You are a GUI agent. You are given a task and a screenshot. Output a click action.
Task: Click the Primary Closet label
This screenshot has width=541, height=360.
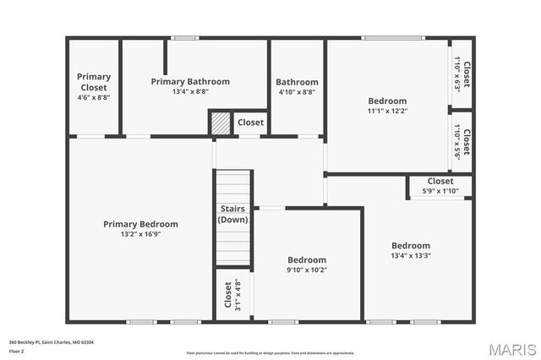tap(94, 82)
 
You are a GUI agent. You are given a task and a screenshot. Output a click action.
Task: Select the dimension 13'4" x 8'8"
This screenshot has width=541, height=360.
tap(190, 91)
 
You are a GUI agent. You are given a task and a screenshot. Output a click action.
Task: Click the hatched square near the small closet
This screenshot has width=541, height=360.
tap(220, 123)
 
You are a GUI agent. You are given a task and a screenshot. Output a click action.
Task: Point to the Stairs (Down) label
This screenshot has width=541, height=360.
tap(232, 214)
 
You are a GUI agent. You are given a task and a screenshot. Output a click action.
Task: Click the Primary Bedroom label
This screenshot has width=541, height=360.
tap(140, 224)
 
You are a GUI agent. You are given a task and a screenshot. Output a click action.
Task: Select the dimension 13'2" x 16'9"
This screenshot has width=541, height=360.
tap(140, 234)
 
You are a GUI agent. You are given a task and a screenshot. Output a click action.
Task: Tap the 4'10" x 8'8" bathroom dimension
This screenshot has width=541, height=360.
tap(297, 92)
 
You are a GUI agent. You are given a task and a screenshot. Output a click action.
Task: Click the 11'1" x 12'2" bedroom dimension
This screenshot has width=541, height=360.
tap(387, 111)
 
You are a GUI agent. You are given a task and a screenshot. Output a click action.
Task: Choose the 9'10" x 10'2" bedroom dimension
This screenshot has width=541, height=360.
tap(307, 270)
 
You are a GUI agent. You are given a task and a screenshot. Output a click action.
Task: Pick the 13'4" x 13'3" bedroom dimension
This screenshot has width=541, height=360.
tap(411, 255)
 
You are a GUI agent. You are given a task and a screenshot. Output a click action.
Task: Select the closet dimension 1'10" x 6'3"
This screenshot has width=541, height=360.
tap(457, 74)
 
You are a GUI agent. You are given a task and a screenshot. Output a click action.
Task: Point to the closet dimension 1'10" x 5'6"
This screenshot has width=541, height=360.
tap(457, 141)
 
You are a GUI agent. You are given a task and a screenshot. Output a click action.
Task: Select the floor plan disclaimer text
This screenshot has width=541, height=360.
tap(270, 352)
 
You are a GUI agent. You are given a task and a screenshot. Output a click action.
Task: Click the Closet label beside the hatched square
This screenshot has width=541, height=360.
tap(250, 123)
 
